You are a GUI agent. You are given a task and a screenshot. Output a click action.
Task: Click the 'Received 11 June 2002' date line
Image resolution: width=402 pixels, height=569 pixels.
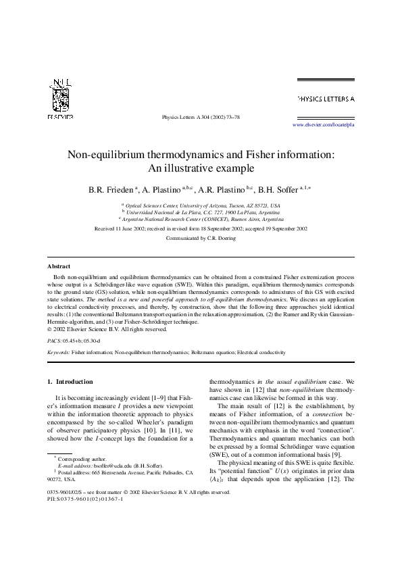coord(201,229)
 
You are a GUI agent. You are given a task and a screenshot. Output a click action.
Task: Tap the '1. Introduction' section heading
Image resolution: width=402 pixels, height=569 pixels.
coord(70,382)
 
